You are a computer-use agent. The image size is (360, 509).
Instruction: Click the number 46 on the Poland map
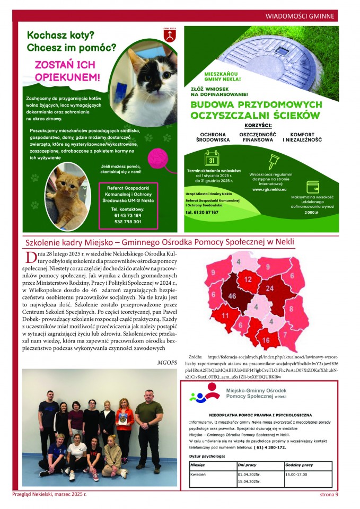tap(231, 296)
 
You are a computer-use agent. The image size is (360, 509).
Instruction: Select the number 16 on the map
tap(266, 340)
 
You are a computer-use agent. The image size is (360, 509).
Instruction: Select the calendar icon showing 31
tap(211, 158)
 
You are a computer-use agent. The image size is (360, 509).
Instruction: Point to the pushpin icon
tap(274, 160)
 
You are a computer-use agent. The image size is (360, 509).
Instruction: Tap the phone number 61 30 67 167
tap(202, 212)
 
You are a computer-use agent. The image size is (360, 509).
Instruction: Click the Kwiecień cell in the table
tap(198, 473)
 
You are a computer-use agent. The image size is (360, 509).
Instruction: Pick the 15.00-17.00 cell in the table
tap(298, 473)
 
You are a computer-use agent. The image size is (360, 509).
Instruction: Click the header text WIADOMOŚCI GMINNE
tap(300, 16)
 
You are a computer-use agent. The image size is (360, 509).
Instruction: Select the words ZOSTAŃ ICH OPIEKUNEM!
tap(67, 71)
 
